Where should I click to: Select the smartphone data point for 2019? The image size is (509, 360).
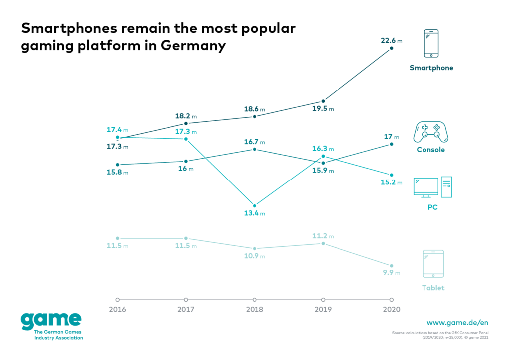(323, 101)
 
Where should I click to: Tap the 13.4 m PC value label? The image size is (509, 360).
(255, 213)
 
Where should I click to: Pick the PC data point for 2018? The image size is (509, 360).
(254, 205)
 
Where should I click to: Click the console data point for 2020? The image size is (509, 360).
(392, 144)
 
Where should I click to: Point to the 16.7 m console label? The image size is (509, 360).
(255, 142)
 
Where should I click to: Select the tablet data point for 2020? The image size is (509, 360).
(392, 266)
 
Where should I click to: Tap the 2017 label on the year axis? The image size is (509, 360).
(186, 309)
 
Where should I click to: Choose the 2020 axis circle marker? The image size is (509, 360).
(392, 300)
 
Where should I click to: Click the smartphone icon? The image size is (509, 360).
(431, 44)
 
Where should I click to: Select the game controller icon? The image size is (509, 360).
(430, 132)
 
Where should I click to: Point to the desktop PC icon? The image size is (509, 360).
(432, 187)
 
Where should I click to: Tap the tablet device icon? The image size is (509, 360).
(433, 264)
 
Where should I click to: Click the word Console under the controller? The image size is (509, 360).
(431, 150)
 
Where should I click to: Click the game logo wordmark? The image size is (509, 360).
(51, 320)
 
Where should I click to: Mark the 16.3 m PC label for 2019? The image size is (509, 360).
(324, 149)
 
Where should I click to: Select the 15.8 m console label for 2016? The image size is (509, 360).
(118, 172)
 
